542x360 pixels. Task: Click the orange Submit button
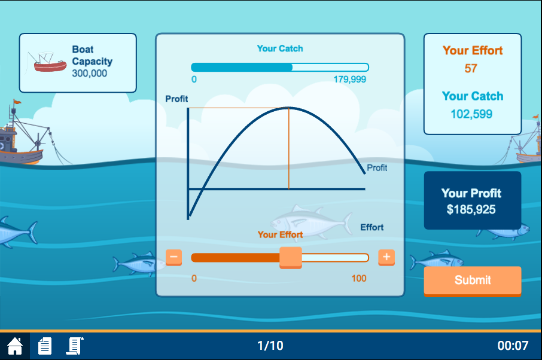pos(472,281)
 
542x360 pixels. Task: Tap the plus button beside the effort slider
pos(386,257)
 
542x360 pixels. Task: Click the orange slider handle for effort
pos(291,258)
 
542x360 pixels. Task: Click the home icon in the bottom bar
pos(15,346)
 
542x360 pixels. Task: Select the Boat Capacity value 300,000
pos(90,73)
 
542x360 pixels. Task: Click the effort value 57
pos(471,68)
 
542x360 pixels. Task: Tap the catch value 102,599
pos(471,114)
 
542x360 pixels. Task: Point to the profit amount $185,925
pos(471,209)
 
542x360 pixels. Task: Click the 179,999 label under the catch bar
pos(349,80)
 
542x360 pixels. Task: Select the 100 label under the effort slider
pos(359,279)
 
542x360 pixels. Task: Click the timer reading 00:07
pos(513,346)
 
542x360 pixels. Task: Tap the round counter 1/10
pos(270,346)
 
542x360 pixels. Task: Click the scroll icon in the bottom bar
pos(75,346)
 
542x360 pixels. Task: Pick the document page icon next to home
pos(45,346)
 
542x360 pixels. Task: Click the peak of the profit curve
pos(288,108)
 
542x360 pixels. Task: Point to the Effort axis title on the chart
pos(372,227)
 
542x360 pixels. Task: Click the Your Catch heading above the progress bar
pos(280,48)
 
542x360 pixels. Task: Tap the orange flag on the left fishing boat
pos(17,102)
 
